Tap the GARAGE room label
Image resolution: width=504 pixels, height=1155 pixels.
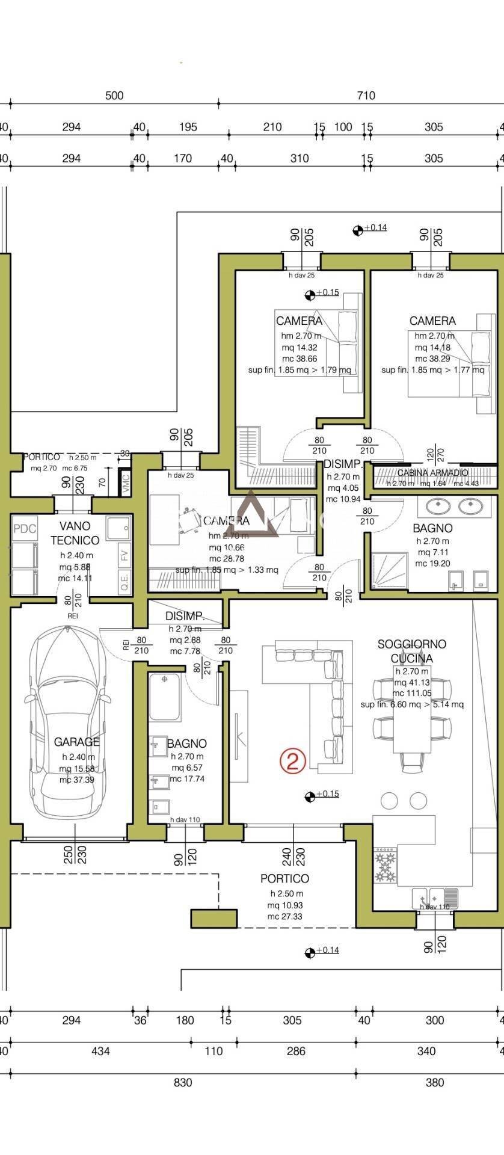[76, 742]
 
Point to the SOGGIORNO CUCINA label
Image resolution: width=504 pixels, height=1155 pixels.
[411, 651]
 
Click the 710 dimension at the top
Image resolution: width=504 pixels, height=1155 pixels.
[366, 96]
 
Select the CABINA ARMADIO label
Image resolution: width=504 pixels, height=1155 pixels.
[432, 473]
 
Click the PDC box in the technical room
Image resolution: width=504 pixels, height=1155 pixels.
[25, 529]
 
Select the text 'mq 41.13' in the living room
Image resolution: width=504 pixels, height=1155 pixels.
[411, 683]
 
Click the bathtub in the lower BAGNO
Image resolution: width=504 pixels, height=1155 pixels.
[165, 697]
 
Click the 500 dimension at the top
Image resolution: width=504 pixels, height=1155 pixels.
[114, 96]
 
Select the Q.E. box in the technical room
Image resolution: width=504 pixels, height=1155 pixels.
[124, 584]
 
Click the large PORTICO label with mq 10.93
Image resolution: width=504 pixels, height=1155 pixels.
[284, 879]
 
